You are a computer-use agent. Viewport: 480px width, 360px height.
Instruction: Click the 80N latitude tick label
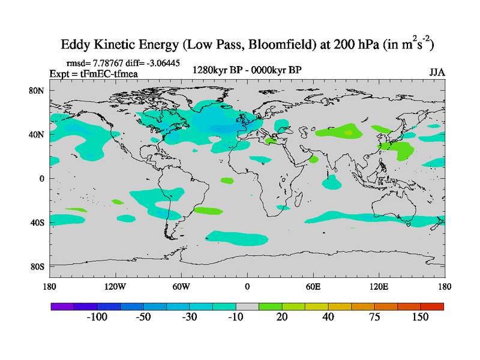click(38, 90)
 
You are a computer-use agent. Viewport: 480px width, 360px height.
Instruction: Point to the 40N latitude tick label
click(38, 134)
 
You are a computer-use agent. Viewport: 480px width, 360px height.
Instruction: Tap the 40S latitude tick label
click(38, 223)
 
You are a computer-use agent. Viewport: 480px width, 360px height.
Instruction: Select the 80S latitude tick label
click(38, 266)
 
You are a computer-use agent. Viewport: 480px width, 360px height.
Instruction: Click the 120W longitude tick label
click(115, 286)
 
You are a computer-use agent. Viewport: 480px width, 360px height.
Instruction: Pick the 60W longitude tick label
click(181, 286)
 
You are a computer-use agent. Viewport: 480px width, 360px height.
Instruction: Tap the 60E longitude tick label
click(313, 286)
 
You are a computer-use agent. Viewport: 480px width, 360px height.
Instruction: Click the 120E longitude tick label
click(379, 286)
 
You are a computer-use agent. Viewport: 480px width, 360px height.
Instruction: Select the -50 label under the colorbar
click(143, 317)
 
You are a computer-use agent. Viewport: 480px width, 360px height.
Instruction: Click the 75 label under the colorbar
click(374, 317)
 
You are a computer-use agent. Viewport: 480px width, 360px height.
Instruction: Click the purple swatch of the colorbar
click(62, 306)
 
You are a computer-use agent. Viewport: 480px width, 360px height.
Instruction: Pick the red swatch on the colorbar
click(432, 306)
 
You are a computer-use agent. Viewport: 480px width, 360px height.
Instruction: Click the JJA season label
click(436, 73)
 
